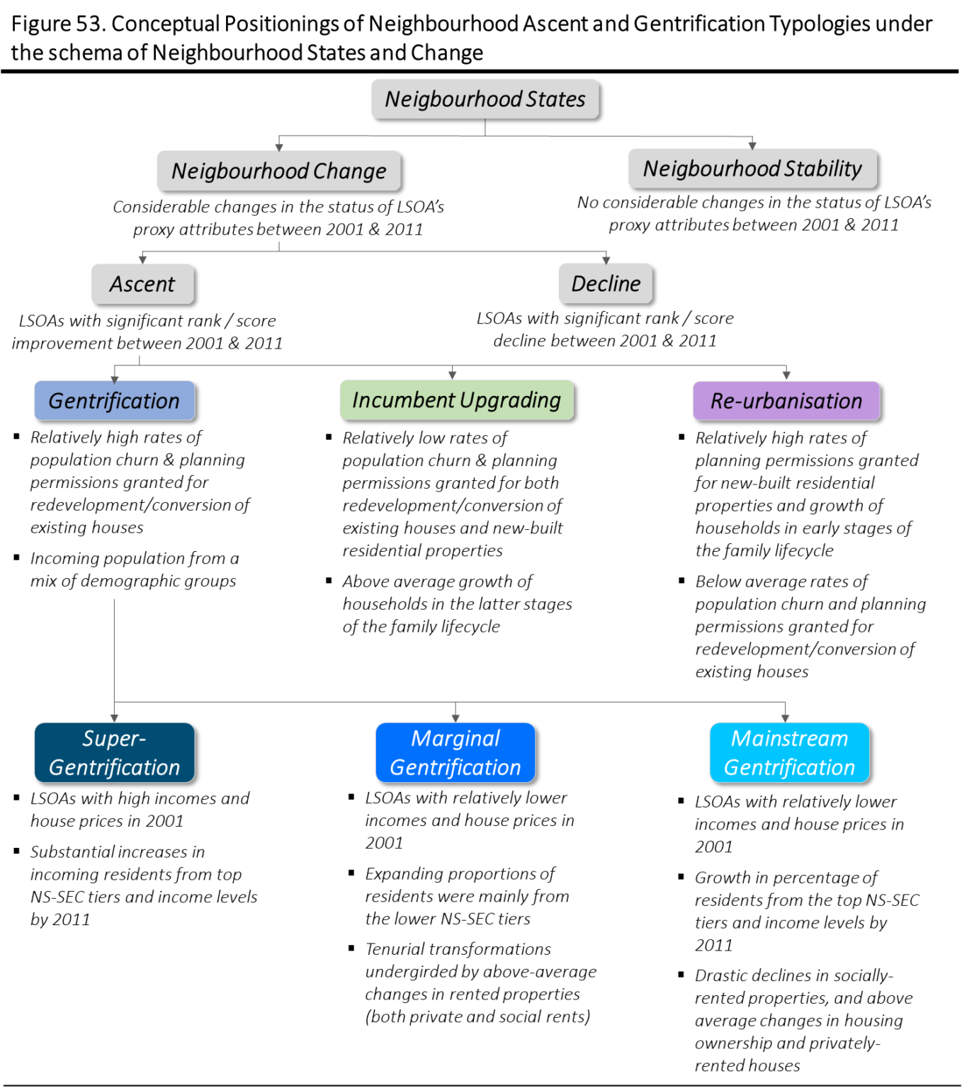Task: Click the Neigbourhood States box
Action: (485, 98)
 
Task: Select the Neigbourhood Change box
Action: (278, 171)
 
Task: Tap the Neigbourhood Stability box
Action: (752, 169)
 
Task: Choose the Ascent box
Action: (142, 284)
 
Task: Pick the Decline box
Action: (605, 283)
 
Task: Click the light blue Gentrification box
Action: (115, 401)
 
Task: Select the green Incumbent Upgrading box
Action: (456, 400)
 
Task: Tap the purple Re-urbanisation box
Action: (786, 401)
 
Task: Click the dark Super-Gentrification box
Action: (115, 752)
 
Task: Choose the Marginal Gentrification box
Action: (455, 752)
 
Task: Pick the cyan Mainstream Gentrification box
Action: (789, 752)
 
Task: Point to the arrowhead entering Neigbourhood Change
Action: (279, 147)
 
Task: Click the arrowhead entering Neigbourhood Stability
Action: (752, 144)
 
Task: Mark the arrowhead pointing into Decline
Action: (606, 260)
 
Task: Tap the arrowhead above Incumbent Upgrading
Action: (452, 375)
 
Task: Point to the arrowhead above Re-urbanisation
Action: (786, 376)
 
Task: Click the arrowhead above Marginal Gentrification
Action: (455, 718)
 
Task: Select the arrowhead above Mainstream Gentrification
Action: (785, 718)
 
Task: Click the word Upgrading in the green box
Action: (510, 400)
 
